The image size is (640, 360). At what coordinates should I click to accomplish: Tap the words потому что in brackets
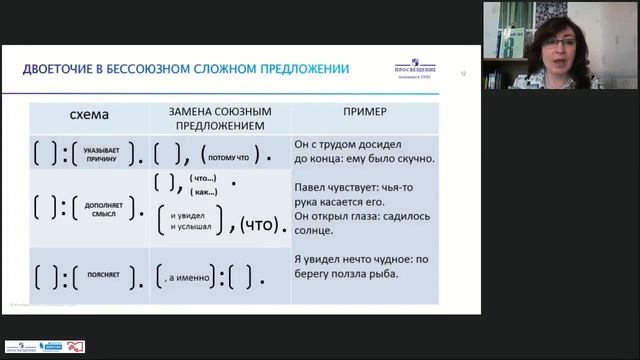point(228,156)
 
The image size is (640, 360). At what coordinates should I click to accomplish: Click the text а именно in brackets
point(186,275)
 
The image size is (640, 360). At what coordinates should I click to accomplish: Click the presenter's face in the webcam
point(553,47)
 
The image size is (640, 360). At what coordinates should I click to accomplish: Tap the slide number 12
point(463,72)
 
